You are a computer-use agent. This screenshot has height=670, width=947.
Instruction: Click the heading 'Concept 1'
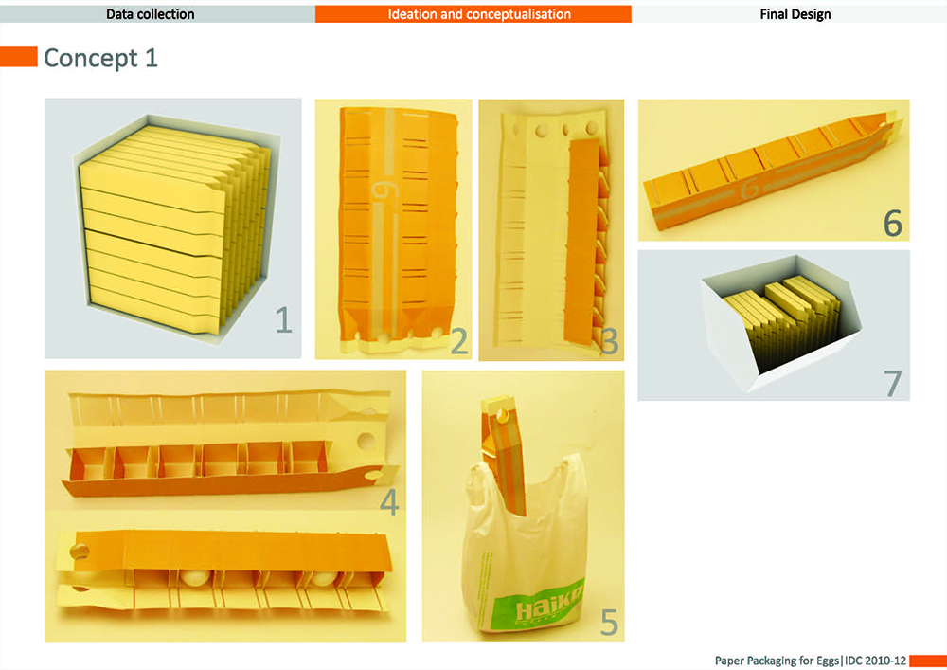coord(101,58)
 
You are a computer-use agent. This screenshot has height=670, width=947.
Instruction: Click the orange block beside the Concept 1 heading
coord(19,57)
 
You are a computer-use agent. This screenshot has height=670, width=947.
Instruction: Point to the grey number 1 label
coord(284,319)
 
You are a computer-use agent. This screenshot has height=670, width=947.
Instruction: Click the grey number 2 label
coord(459,341)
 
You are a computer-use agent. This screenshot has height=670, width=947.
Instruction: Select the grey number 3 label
coord(609,341)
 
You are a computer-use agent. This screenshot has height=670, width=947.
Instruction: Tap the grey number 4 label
coord(389,502)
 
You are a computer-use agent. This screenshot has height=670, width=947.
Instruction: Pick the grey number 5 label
coord(609,623)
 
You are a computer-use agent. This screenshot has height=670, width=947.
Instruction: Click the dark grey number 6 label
coord(893,223)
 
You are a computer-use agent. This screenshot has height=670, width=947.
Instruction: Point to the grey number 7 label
coord(893,383)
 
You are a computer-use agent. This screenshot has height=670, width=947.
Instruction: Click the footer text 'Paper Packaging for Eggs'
coord(777,661)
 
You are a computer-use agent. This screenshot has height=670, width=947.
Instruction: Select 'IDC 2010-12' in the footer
coord(875,661)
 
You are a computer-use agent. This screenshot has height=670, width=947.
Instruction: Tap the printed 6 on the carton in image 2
coord(384,190)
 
